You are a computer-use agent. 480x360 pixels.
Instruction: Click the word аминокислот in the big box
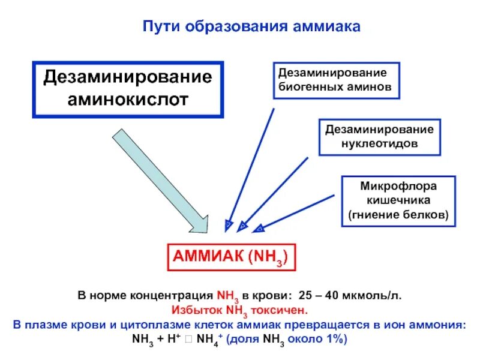coord(127,98)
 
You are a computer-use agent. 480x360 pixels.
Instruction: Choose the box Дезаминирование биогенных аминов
coord(336,80)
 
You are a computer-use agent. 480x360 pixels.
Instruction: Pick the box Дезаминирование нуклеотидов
coord(379,137)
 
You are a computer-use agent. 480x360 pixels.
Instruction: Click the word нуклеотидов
coord(379,144)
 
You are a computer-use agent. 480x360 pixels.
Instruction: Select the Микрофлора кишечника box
coord(398,200)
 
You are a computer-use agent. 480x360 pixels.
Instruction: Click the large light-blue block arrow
coord(162,180)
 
